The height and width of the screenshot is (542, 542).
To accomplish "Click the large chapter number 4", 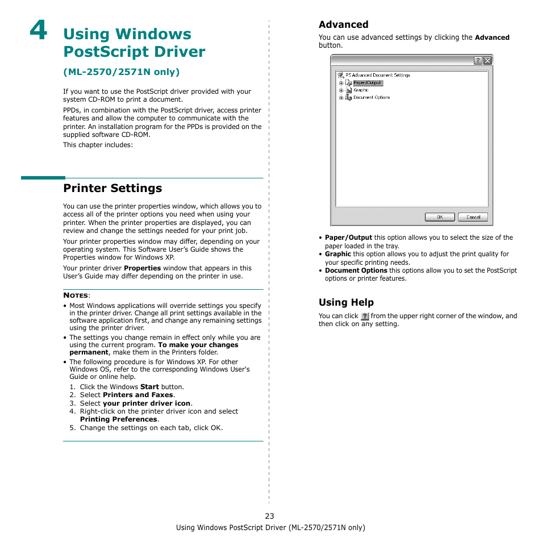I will (x=39, y=31).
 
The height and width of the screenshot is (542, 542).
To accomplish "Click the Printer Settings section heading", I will (x=112, y=188).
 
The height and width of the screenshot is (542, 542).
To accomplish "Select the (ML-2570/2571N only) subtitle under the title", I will (x=121, y=72).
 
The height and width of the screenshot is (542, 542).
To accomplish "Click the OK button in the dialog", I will (x=440, y=217).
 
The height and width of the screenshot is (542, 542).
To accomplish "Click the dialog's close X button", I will (x=487, y=60).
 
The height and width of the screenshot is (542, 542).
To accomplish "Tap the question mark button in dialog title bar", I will (x=478, y=60).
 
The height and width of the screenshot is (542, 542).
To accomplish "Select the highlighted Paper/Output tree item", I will (x=368, y=83).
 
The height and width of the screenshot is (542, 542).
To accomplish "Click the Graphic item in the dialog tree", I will (x=361, y=90).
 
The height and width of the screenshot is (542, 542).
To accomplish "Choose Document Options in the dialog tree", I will (x=371, y=98).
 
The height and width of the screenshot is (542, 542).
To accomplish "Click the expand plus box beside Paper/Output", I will (x=341, y=83).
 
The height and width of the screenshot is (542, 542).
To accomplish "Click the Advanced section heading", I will (x=343, y=24).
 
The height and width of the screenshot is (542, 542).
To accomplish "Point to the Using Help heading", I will (x=346, y=302).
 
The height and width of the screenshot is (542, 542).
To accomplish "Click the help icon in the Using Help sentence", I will (x=365, y=316).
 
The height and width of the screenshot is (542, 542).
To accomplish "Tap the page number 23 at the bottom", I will (x=269, y=516).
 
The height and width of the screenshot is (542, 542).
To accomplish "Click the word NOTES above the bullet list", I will (x=76, y=295).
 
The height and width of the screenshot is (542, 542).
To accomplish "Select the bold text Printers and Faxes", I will (x=138, y=395).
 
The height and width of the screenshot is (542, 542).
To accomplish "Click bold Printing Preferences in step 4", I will (x=118, y=419).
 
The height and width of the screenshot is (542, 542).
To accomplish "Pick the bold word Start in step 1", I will (x=149, y=387).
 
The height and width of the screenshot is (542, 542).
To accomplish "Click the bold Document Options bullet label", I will (x=356, y=270).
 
